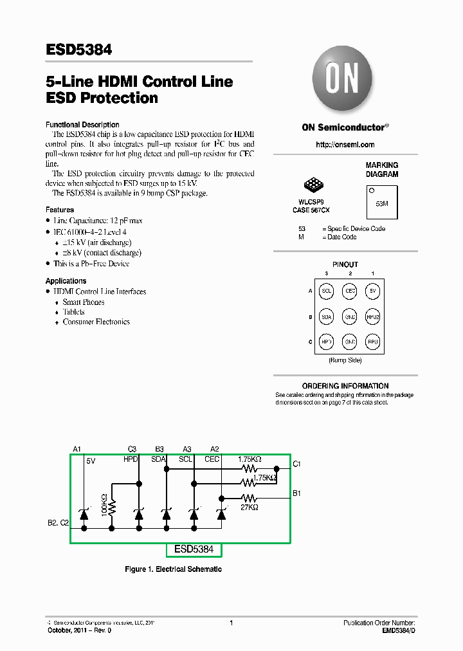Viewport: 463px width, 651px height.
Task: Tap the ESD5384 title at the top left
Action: point(78,49)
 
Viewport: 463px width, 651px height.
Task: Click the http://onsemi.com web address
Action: point(345,145)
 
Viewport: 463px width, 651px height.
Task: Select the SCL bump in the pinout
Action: point(327,291)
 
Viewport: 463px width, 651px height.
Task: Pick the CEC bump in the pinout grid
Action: point(350,291)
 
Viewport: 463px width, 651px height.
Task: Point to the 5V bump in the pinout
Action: point(373,291)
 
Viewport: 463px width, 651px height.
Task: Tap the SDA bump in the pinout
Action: point(327,316)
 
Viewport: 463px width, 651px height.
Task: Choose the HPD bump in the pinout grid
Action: point(327,341)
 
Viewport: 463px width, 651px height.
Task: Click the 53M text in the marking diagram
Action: point(381,203)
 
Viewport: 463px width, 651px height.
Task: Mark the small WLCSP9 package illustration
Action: point(314,186)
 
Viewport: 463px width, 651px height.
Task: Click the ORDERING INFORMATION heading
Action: point(345,386)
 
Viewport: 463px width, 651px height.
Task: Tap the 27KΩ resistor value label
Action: point(250,508)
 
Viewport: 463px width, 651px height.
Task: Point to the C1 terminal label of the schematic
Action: point(296,464)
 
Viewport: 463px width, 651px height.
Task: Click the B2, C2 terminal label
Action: point(58,523)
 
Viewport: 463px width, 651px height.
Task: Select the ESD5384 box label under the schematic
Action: point(194,550)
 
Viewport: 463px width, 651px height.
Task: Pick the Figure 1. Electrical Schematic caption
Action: point(173,569)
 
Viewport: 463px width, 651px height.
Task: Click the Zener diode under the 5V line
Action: point(84,513)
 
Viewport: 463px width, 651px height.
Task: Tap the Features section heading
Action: point(59,210)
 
